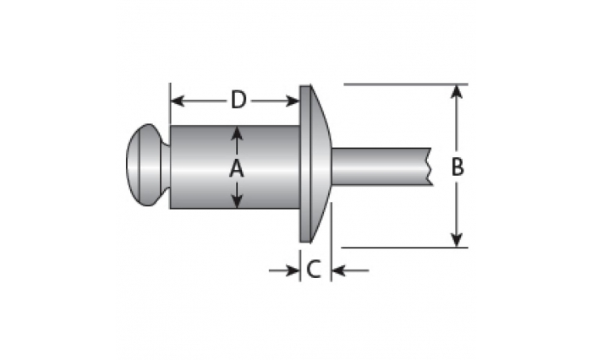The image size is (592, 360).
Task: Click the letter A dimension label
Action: (x=237, y=168)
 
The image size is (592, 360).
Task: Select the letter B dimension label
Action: (x=458, y=166)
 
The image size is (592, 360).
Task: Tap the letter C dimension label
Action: (x=314, y=270)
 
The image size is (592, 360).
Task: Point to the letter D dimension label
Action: (x=238, y=101)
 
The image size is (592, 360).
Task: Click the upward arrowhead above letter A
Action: (x=237, y=134)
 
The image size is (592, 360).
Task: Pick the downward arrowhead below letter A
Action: (x=237, y=201)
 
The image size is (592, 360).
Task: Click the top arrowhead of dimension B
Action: (x=457, y=92)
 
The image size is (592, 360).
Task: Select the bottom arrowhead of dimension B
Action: (x=457, y=240)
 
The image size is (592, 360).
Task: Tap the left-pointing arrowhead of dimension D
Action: (x=178, y=101)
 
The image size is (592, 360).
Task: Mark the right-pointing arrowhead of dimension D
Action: (x=293, y=101)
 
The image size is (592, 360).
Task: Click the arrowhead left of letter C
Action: (x=293, y=270)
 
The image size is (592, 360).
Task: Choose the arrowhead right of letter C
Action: (x=338, y=270)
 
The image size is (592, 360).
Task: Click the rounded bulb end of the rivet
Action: (x=148, y=165)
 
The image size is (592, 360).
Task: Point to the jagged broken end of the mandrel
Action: (x=430, y=166)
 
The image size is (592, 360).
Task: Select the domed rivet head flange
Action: (x=315, y=164)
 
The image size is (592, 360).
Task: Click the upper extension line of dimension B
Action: (x=406, y=85)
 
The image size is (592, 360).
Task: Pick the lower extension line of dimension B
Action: (x=404, y=248)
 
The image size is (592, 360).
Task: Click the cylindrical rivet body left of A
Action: (x=200, y=166)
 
